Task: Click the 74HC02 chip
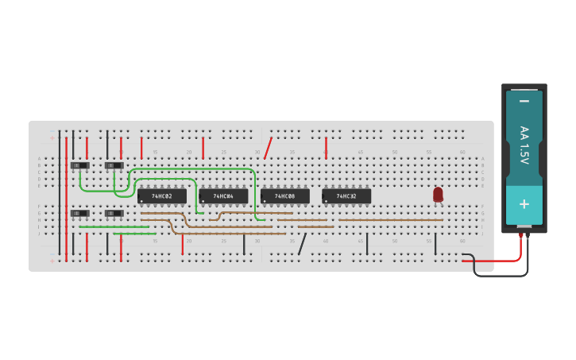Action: pos(162,195)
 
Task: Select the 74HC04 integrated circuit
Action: pos(223,195)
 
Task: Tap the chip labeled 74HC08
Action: pos(285,195)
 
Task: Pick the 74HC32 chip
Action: pos(346,195)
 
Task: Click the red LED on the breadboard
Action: pos(438,194)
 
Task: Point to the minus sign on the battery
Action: pos(524,101)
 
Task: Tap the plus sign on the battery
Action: pos(524,203)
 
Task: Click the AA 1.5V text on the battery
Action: pos(524,145)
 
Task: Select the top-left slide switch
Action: pos(79,165)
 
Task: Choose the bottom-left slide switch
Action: pos(79,213)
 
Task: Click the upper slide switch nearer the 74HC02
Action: pos(114,165)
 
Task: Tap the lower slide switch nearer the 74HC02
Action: pos(114,213)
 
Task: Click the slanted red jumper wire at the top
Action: pos(268,148)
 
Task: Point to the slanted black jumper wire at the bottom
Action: pos(302,244)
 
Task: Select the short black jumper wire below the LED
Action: pos(435,244)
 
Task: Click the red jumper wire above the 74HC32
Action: pos(326,146)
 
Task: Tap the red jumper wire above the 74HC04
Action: pos(203,147)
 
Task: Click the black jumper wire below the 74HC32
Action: pos(367,244)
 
